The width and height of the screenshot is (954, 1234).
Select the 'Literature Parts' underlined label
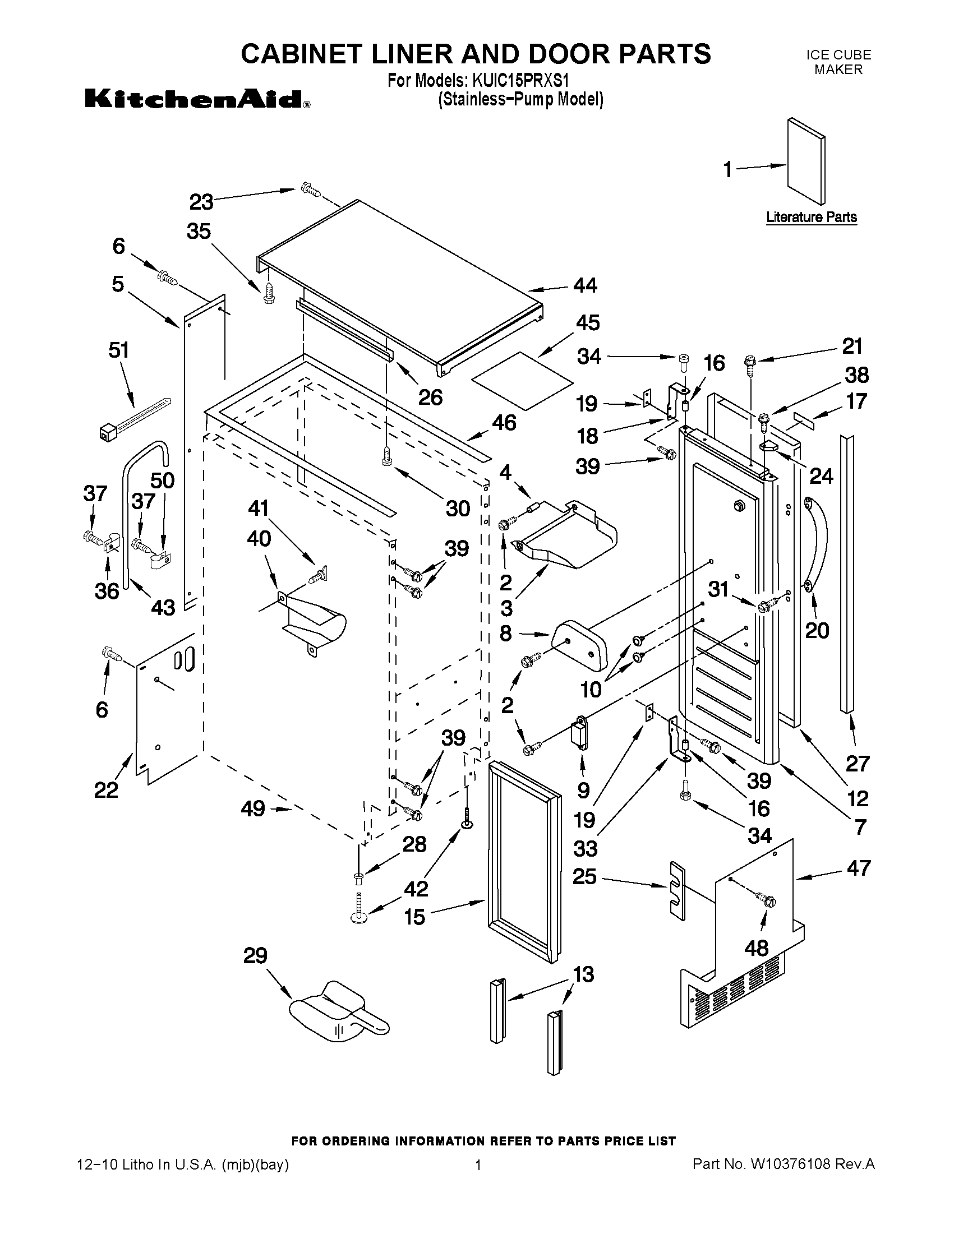point(811,217)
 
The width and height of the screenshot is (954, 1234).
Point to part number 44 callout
point(585,285)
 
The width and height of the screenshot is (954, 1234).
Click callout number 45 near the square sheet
point(587,322)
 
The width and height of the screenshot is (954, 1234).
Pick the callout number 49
point(252,808)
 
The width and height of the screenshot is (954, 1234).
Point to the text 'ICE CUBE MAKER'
point(838,62)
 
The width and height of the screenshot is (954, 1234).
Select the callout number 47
point(858,868)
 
